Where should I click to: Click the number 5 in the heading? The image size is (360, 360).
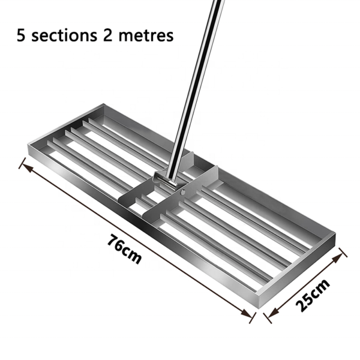click(x=22, y=35)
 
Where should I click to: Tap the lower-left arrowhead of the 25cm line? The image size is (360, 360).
click(x=268, y=314)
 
